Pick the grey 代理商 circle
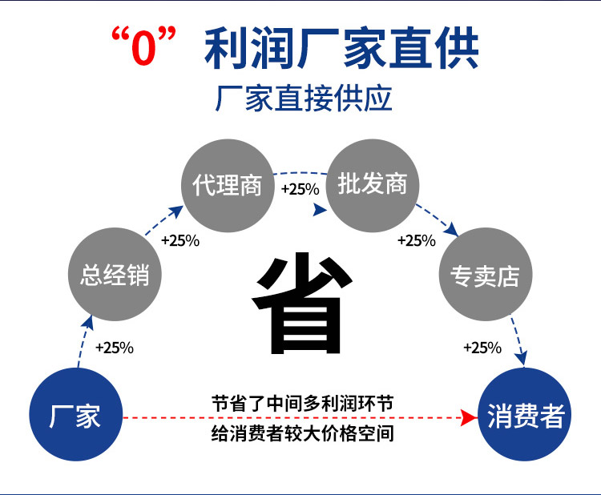[227, 185]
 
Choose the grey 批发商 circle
[373, 185]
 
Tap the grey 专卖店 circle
[485, 276]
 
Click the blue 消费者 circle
[526, 417]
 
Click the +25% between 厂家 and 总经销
[114, 348]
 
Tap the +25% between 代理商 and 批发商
[300, 189]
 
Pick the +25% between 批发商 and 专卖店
[416, 240]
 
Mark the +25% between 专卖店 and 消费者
[482, 348]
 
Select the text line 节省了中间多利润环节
[302, 403]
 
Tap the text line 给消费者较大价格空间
[302, 435]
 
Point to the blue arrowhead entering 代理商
[176, 211]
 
